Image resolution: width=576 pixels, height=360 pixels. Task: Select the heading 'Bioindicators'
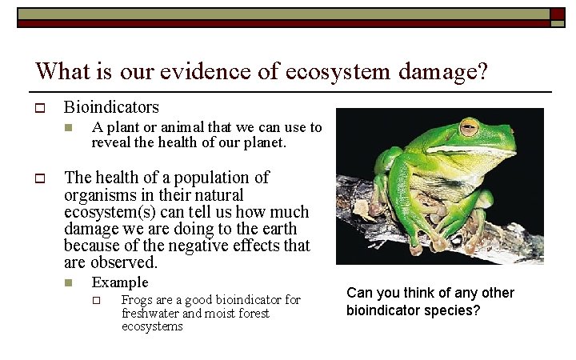point(111,107)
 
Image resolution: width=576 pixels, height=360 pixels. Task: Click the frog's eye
point(469,127)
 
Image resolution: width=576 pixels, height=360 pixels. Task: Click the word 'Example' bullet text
point(120,282)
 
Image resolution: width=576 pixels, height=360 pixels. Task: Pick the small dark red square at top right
point(558,14)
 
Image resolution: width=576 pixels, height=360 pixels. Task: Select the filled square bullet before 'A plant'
point(69,128)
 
